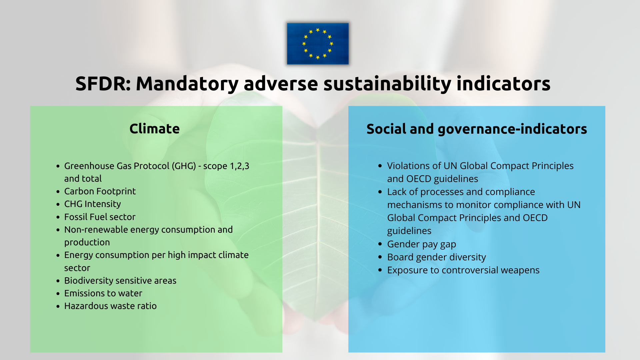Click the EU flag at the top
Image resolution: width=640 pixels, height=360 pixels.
click(318, 44)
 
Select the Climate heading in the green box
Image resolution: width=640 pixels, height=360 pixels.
click(154, 129)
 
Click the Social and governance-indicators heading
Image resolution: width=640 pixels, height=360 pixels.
click(477, 129)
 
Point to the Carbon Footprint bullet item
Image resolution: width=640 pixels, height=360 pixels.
click(100, 191)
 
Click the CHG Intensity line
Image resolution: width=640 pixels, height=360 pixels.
click(92, 204)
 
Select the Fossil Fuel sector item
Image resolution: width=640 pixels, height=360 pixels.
click(100, 217)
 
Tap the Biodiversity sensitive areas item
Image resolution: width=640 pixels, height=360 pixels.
click(120, 281)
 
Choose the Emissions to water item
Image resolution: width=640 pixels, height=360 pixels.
click(103, 293)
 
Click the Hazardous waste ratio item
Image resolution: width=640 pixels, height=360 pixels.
click(110, 306)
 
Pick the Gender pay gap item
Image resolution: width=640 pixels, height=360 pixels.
click(421, 244)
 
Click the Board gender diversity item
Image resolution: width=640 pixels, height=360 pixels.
click(436, 257)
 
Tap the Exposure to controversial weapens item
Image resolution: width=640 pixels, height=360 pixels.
click(463, 270)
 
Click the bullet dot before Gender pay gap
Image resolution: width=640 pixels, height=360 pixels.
click(380, 244)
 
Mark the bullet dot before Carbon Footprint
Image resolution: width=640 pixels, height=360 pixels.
click(58, 192)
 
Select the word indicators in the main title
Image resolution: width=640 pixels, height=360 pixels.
click(503, 84)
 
